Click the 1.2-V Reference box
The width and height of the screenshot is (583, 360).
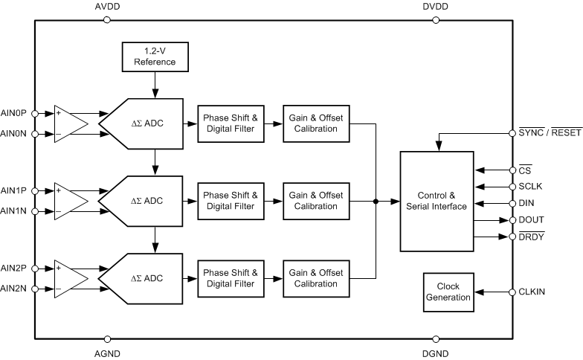(155, 57)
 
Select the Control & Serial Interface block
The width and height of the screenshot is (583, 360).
(437, 201)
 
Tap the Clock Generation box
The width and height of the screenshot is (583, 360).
(448, 292)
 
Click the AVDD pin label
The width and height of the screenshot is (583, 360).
(108, 7)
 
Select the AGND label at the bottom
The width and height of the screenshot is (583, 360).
(108, 353)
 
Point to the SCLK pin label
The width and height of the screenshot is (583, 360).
(530, 186)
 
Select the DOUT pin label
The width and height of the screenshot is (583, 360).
(531, 220)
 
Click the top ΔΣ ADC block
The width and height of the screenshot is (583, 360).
(145, 123)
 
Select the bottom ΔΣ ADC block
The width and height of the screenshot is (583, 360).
(145, 278)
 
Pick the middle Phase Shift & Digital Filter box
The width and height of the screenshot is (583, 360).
(230, 201)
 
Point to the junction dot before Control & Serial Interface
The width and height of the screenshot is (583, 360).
(376, 201)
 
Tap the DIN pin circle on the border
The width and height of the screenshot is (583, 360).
(512, 203)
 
